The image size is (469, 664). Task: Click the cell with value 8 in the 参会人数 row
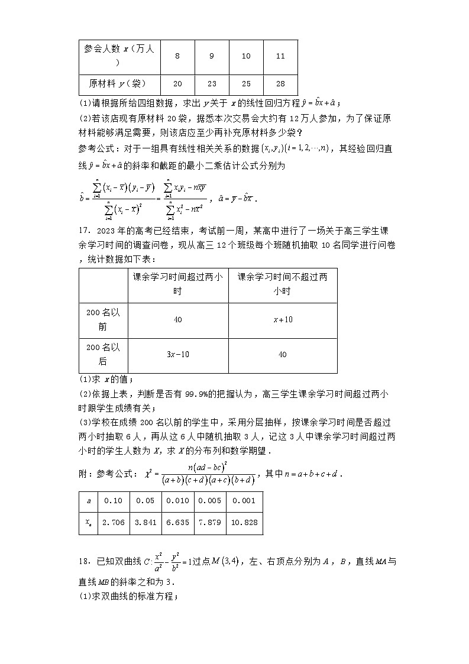(x=177, y=56)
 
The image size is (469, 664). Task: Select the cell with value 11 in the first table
(x=280, y=56)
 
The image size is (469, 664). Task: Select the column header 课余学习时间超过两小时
(x=177, y=284)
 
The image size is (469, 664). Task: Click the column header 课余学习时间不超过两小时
(x=282, y=284)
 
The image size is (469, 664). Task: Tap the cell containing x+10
(x=282, y=320)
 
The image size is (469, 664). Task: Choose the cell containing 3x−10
(x=177, y=355)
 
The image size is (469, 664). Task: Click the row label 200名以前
(x=103, y=320)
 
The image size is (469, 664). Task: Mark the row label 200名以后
(x=103, y=355)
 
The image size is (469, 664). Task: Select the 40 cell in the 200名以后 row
(x=282, y=355)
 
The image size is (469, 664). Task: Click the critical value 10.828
(x=244, y=523)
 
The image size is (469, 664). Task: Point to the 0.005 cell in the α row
(x=210, y=501)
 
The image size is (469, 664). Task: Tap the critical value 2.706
(x=112, y=523)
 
